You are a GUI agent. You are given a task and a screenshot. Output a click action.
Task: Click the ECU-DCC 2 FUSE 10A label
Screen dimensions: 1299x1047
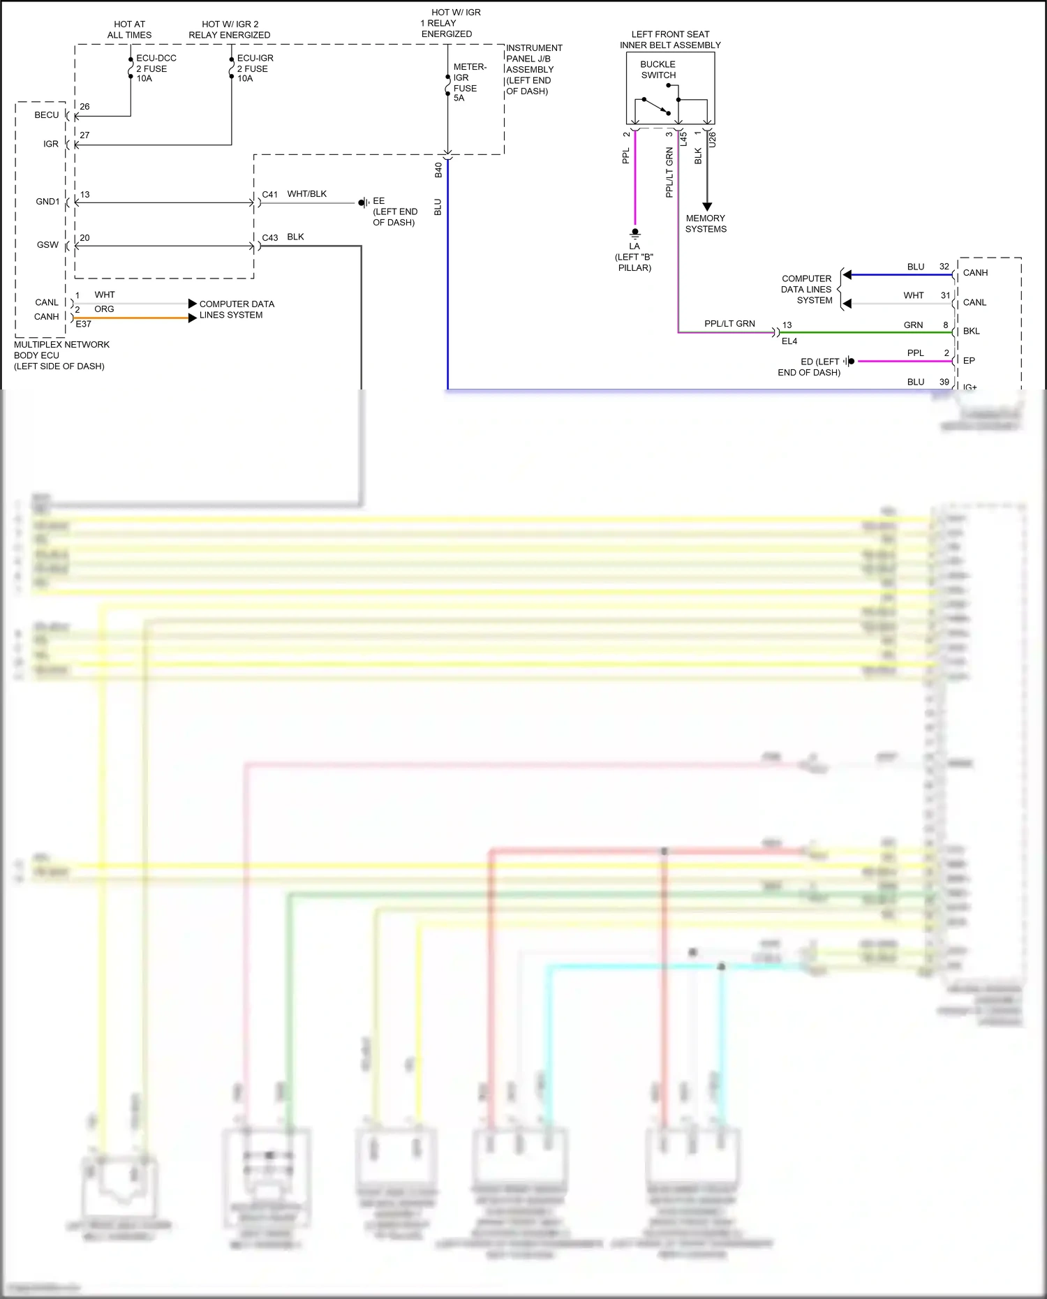(x=155, y=68)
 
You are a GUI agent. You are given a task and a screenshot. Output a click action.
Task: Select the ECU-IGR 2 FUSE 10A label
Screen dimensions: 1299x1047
(x=255, y=68)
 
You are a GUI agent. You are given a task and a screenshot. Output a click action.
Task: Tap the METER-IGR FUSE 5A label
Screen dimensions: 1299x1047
(x=468, y=82)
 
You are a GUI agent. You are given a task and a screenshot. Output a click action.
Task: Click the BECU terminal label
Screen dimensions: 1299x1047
(x=47, y=115)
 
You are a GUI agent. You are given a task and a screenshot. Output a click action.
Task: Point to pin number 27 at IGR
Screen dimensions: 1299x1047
(x=84, y=135)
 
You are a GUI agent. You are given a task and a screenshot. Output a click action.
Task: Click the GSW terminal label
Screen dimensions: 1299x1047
(x=47, y=245)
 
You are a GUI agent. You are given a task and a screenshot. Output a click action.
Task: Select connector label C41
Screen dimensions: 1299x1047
(x=269, y=195)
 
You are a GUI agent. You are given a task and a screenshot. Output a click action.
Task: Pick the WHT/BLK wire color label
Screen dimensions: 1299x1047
(x=306, y=194)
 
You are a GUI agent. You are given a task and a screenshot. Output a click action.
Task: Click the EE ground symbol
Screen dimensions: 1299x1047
(x=363, y=203)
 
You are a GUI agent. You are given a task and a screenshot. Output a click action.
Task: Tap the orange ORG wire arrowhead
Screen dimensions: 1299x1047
(x=192, y=318)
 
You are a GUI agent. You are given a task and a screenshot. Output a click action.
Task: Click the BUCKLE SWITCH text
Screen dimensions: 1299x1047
(x=658, y=70)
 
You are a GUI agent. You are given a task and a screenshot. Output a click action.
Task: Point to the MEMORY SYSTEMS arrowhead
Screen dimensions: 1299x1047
(x=707, y=207)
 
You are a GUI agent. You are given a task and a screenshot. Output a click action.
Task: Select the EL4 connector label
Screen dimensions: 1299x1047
(x=789, y=341)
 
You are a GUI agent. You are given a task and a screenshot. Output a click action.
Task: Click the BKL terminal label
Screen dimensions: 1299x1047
(x=971, y=332)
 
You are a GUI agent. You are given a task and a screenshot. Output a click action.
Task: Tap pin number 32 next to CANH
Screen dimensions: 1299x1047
(x=944, y=267)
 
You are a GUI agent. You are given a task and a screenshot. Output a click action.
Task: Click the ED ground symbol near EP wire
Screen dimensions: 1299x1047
(x=849, y=362)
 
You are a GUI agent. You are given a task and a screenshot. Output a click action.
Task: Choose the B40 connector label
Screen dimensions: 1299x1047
(x=438, y=170)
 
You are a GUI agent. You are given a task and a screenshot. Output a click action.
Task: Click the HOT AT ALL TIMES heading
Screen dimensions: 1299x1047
(x=129, y=29)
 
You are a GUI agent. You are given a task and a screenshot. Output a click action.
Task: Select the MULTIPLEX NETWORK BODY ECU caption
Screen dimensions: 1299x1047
(x=61, y=355)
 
